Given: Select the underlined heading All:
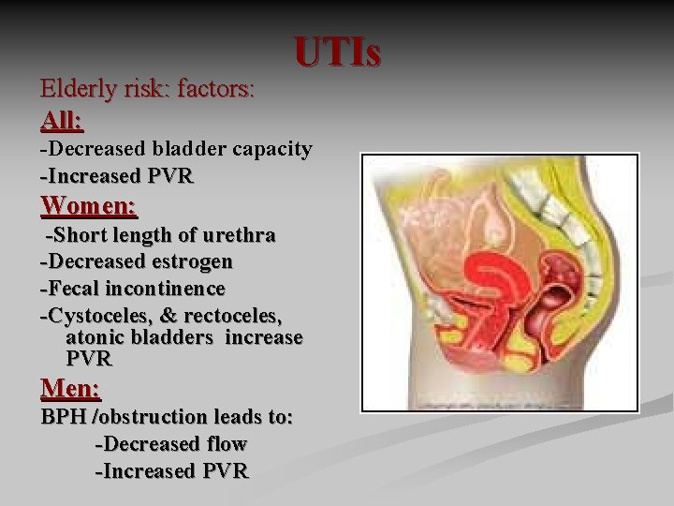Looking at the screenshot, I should click(x=62, y=121).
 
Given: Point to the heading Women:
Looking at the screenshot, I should click(x=90, y=203).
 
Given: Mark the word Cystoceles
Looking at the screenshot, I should click(x=98, y=314).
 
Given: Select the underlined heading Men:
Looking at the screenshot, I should click(x=70, y=387).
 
